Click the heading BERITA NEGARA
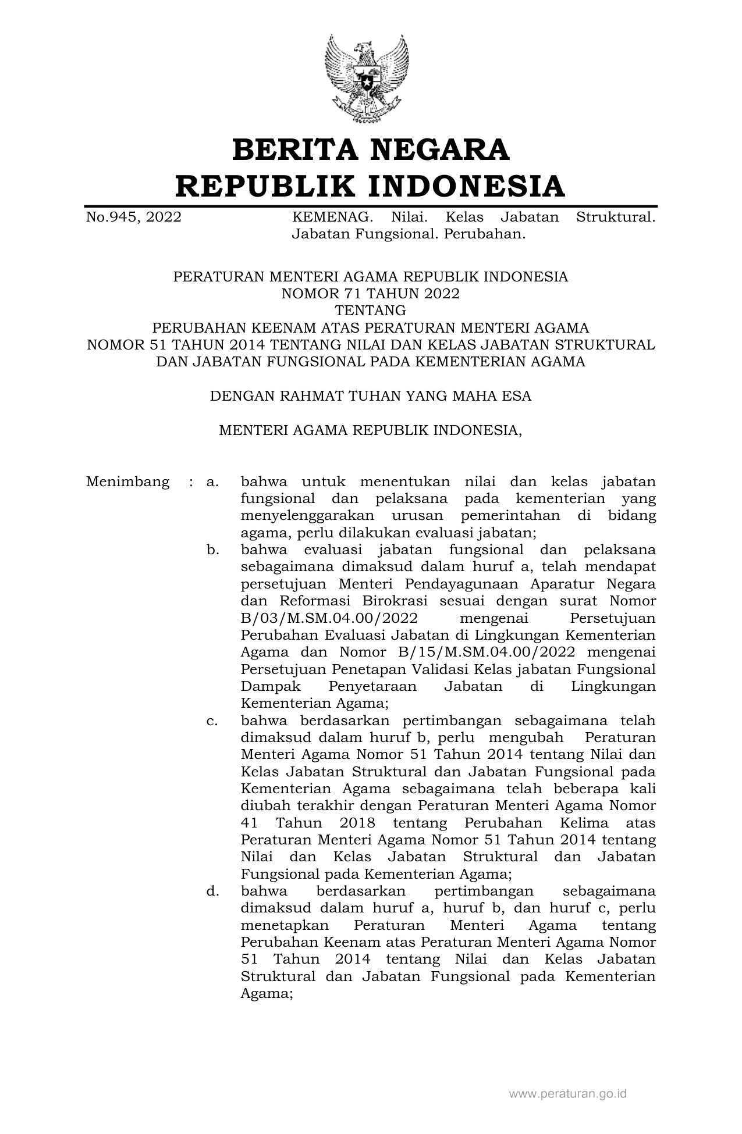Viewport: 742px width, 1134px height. [x=371, y=149]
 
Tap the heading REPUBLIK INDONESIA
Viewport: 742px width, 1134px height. [x=371, y=186]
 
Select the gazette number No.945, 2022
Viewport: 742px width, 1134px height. [x=134, y=217]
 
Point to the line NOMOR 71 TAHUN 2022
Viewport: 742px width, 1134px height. [x=371, y=294]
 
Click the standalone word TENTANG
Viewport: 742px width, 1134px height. [x=371, y=311]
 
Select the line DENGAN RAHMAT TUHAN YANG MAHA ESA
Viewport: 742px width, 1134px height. [x=371, y=396]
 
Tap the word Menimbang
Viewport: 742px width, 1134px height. [x=128, y=482]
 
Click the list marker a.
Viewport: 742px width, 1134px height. [x=212, y=482]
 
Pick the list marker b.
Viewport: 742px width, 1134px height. [x=212, y=550]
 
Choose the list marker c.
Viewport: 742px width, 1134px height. [x=212, y=721]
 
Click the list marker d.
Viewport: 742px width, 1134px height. [x=212, y=891]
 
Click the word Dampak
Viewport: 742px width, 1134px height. [x=270, y=687]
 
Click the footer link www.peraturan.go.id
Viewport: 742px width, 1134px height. [x=568, y=1094]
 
